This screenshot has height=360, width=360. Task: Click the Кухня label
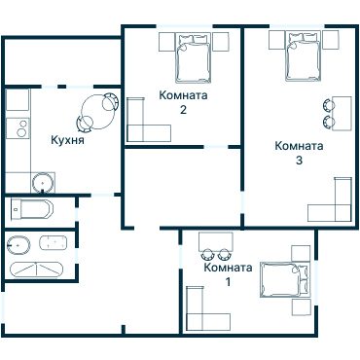click(x=67, y=140)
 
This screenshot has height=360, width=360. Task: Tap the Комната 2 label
click(x=183, y=102)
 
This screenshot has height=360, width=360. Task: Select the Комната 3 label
click(x=299, y=153)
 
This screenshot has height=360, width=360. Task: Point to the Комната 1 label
click(x=228, y=274)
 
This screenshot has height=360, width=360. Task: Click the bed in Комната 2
click(x=194, y=57)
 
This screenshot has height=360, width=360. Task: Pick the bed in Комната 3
click(x=304, y=56)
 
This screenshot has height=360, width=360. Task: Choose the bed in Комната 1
click(x=284, y=280)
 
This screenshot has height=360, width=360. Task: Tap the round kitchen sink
click(x=43, y=183)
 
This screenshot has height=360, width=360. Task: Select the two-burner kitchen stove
click(x=18, y=128)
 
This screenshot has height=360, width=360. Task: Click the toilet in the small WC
click(x=31, y=209)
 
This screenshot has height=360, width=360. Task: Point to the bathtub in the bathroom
click(x=37, y=270)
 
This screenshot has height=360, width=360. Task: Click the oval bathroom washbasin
click(x=18, y=245)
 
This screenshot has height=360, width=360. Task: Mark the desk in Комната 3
click(x=342, y=113)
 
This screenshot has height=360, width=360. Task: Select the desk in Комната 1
click(x=216, y=241)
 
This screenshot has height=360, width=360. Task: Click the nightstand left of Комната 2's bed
click(x=167, y=42)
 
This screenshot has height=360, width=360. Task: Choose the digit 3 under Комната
click(x=299, y=161)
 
